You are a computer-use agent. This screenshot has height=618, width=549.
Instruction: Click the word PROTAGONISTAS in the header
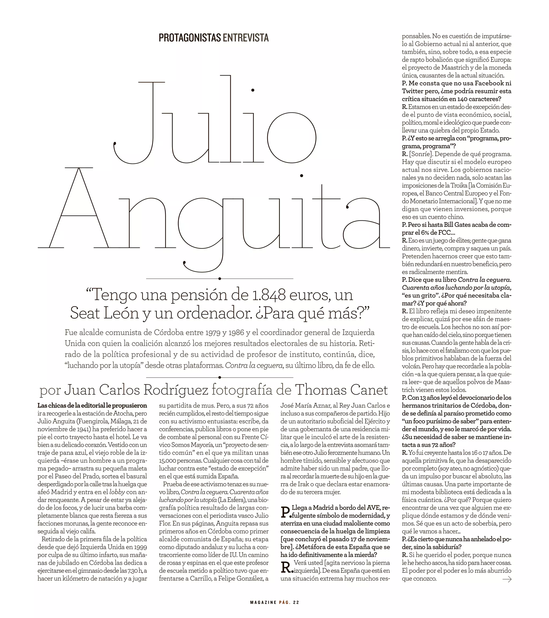190,38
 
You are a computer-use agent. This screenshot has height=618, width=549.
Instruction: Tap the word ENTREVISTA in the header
246,38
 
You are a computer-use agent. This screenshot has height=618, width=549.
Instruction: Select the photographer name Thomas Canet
341,390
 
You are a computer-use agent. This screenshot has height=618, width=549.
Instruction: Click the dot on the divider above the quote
220,279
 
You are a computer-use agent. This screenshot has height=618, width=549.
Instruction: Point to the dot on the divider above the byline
220,377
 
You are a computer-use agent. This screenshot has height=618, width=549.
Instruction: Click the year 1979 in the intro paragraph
213,333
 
